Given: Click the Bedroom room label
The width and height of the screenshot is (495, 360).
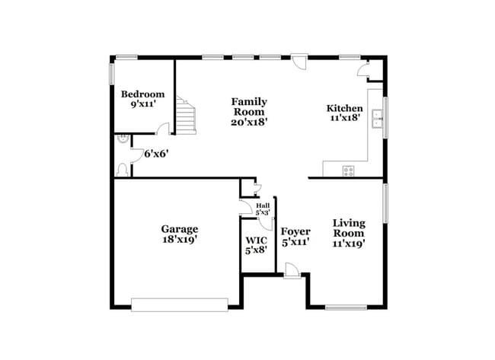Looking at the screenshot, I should [142, 94].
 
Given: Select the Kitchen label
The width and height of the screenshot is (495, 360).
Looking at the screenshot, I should [344, 108].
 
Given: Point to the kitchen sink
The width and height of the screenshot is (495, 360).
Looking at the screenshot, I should [375, 118].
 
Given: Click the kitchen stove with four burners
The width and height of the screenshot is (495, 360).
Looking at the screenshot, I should [349, 170].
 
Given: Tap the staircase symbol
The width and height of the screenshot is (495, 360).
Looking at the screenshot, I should [185, 116].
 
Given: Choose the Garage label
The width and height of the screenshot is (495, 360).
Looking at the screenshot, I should [179, 228].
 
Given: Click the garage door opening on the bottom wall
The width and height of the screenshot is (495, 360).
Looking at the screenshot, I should [179, 304].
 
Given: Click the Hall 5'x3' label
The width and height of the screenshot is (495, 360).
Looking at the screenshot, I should [263, 209].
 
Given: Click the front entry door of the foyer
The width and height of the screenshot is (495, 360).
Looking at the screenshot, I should [292, 269].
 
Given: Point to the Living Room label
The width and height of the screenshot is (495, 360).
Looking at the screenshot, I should [349, 228].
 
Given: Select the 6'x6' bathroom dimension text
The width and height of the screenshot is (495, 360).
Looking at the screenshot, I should [156, 153].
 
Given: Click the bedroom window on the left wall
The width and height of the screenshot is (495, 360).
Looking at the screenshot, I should [111, 74].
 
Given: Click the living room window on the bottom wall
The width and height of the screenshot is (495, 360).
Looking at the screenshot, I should [343, 307].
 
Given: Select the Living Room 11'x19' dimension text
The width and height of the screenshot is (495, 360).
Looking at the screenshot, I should [349, 244].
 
